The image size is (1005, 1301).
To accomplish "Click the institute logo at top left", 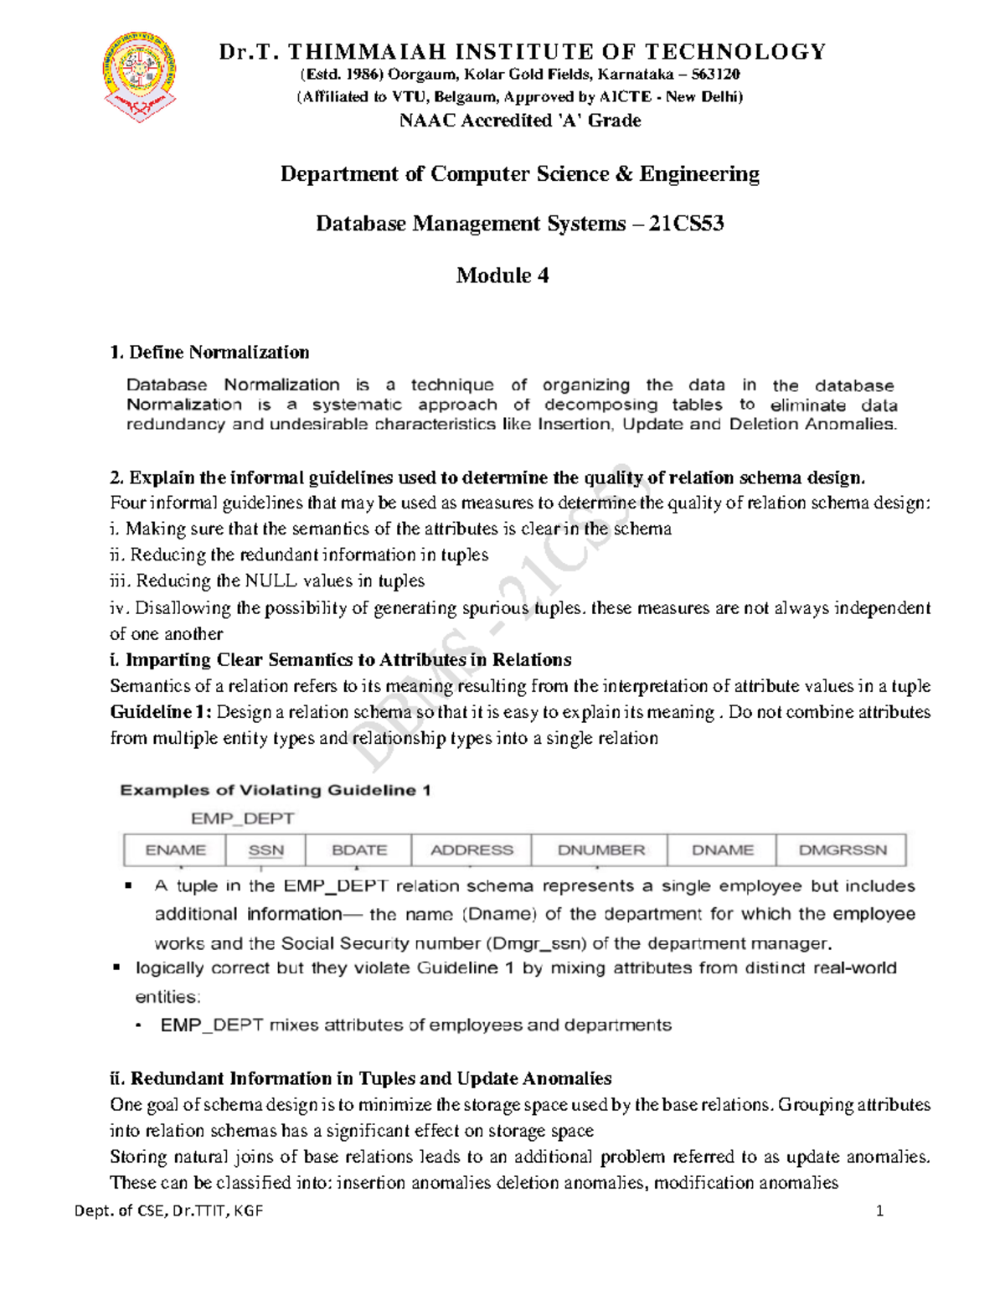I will point(140,78).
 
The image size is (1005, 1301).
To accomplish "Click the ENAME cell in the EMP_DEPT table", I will point(175,849).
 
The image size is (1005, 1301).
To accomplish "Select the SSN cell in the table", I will point(266,849).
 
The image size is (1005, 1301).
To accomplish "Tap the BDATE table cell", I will point(359,849).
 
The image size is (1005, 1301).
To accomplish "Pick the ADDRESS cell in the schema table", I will point(472,849).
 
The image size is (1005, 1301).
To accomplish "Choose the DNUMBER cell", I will point(600,849).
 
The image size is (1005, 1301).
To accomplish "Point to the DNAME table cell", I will point(722,849).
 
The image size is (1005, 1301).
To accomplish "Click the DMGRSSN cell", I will point(842,849).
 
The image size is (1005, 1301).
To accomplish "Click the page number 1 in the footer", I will point(879,1211).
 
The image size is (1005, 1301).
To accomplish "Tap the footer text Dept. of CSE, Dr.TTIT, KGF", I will point(168,1211).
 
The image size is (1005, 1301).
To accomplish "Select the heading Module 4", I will point(502,276).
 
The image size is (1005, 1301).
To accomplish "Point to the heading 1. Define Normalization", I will point(209,352).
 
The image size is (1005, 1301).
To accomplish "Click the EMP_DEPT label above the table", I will point(242,818).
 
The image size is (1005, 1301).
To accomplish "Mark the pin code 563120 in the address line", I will point(715,75).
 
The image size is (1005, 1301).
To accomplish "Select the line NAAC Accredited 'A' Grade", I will point(520,121).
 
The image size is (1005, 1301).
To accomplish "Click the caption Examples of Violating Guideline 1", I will point(276,790).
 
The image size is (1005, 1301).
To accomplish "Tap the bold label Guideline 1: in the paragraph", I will point(162,712).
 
